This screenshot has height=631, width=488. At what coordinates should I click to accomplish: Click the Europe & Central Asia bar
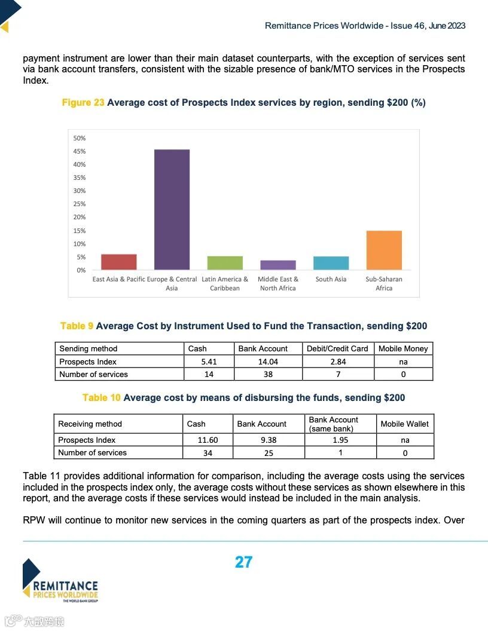tap(172, 209)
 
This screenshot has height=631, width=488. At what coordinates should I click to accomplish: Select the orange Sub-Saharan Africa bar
tap(384, 250)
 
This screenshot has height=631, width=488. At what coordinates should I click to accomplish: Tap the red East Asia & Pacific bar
tap(119, 262)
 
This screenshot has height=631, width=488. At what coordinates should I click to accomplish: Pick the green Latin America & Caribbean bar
tap(225, 263)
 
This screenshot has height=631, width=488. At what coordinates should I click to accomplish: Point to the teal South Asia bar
tap(331, 263)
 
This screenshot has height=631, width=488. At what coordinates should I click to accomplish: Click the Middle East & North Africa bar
tap(278, 265)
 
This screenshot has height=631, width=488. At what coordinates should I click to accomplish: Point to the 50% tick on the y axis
tap(80, 138)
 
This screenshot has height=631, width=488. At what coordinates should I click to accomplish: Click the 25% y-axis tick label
tap(80, 204)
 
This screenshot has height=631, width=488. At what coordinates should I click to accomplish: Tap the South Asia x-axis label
tap(331, 279)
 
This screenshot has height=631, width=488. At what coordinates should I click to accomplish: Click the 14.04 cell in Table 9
tap(268, 362)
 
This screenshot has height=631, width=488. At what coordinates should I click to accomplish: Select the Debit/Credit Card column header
tap(337, 348)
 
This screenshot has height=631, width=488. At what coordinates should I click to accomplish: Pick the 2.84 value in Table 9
tap(337, 362)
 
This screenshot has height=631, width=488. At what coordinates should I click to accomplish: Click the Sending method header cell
tap(89, 348)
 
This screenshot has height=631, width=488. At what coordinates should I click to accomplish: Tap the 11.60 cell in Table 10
tap(208, 440)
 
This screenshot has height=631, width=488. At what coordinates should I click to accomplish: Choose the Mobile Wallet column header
tap(405, 424)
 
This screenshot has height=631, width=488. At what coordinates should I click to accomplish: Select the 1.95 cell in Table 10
tap(340, 440)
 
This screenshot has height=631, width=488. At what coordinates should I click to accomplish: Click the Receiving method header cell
tap(90, 424)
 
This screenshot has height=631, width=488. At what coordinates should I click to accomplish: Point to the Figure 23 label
tap(83, 102)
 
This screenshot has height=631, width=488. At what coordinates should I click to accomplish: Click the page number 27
tap(243, 562)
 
